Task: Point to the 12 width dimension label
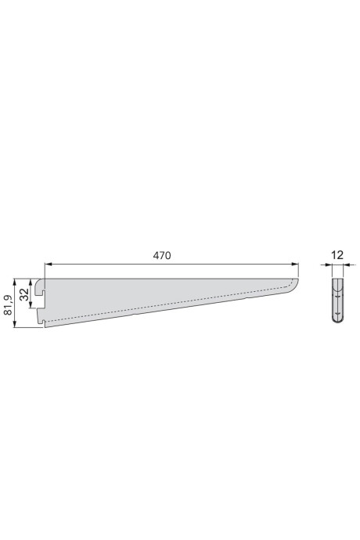[x=337, y=255]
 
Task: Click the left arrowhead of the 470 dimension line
[x=47, y=265]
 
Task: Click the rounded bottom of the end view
[x=337, y=321]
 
